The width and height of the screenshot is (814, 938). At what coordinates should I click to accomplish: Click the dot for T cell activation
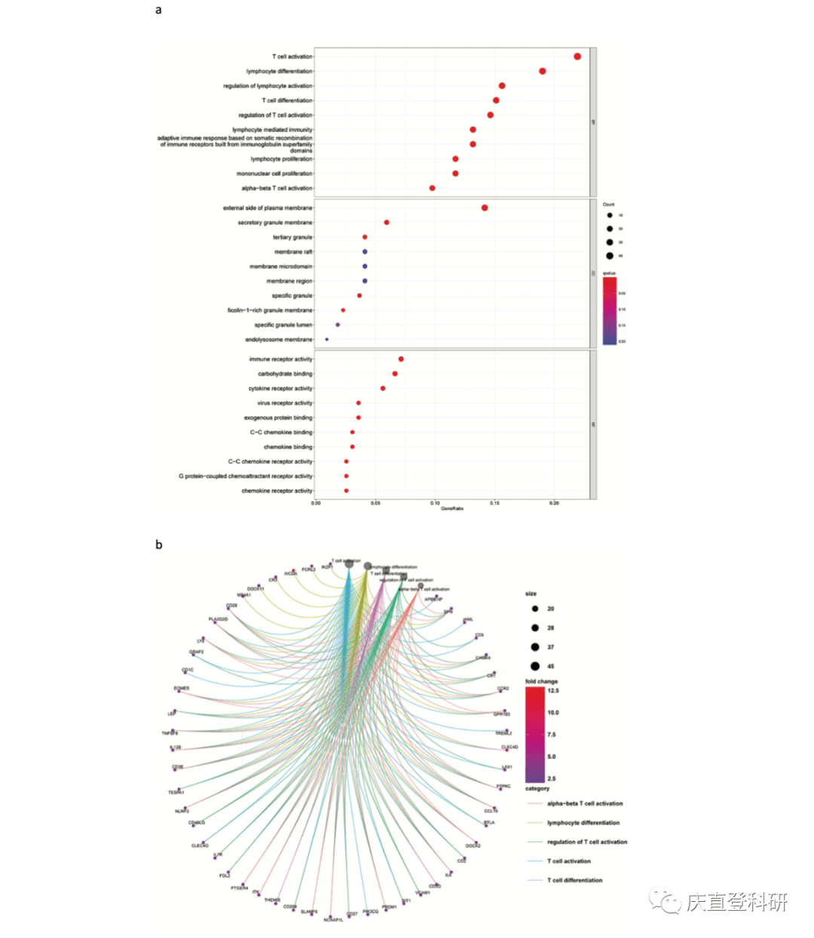point(577,57)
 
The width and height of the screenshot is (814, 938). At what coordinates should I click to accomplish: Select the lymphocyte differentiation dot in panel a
point(543,71)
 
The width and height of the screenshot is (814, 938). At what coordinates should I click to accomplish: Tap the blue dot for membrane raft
point(365,252)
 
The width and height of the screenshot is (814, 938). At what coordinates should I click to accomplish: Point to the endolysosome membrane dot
point(326,340)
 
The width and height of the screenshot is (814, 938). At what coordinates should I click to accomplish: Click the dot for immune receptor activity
point(401,359)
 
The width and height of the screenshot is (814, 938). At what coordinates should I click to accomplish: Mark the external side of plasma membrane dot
point(485,208)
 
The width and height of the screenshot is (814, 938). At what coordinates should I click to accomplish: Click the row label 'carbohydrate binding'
point(285,374)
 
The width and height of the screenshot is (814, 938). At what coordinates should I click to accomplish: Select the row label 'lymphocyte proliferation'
point(281,159)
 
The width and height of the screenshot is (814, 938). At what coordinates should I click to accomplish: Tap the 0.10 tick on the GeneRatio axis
point(435,503)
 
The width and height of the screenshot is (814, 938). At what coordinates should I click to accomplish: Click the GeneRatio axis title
point(452,509)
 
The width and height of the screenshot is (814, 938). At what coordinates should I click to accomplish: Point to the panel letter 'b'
point(158,545)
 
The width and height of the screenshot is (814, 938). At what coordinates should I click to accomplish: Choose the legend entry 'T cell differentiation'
point(574,880)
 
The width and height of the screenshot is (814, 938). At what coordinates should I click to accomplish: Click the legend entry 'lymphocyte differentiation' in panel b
point(583,823)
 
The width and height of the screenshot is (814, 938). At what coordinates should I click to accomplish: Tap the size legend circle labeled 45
point(535,666)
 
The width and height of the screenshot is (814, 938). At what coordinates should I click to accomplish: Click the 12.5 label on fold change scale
point(553,691)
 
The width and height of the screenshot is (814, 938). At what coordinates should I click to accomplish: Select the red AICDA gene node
point(294,571)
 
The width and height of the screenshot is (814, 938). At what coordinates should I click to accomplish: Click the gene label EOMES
point(182,688)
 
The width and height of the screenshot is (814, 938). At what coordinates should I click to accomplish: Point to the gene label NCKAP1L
point(333,920)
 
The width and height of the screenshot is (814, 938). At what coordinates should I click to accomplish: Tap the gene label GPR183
point(502,714)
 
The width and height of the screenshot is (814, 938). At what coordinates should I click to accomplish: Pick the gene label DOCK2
point(473,846)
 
